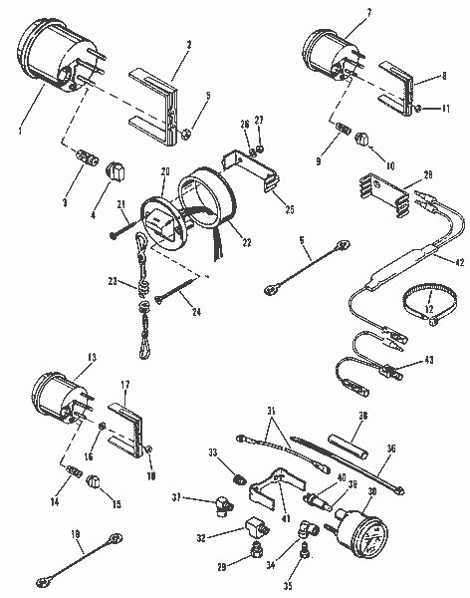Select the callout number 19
click(x=76, y=535)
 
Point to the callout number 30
click(x=372, y=492)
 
